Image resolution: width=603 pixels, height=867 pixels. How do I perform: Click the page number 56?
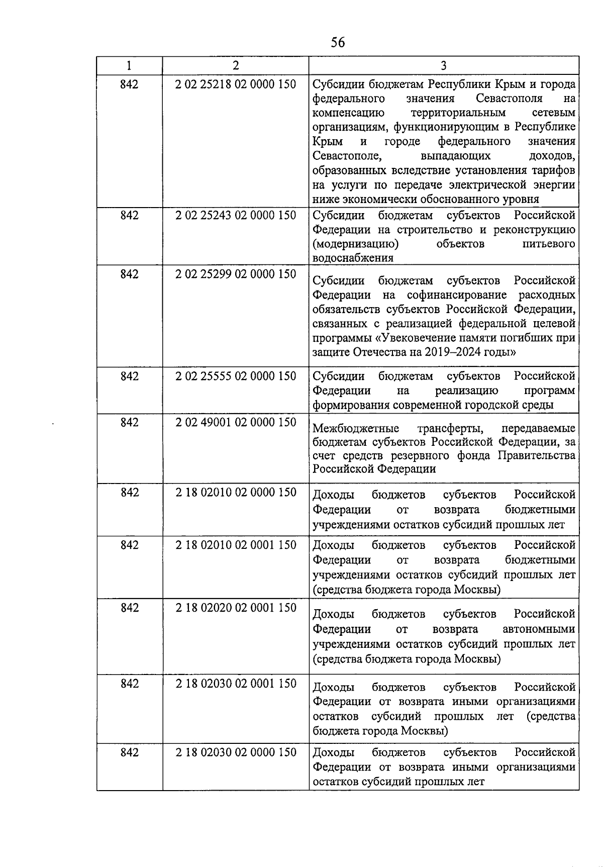[338, 42]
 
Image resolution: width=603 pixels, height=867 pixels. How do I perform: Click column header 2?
[236, 66]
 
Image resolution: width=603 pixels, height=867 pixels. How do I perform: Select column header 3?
[443, 66]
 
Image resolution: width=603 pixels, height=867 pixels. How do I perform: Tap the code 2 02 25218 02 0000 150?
[236, 84]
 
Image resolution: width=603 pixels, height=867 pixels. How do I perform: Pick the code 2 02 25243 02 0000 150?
[236, 215]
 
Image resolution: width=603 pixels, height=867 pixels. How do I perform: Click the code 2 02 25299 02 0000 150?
[236, 274]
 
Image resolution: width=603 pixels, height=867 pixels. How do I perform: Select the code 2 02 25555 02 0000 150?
[236, 376]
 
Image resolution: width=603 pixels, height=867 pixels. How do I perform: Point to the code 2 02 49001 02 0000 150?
[236, 422]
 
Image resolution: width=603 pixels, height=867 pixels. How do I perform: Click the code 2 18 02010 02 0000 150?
[236, 492]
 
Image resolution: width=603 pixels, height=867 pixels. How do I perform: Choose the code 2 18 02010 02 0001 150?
[236, 545]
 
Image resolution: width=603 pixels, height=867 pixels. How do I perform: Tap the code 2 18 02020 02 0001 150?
[236, 608]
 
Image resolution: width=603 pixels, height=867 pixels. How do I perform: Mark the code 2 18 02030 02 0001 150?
[236, 684]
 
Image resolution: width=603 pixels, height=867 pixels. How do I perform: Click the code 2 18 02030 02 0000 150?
[236, 752]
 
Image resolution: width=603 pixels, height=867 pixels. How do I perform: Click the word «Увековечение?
[420, 338]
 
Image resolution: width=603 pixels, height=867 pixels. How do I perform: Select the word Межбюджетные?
[356, 428]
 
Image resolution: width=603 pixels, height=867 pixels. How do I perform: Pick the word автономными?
[539, 629]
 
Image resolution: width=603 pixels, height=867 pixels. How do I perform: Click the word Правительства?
[536, 455]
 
